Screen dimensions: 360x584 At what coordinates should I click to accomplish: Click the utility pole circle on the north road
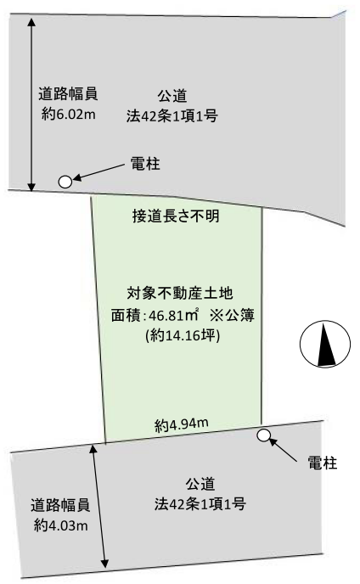pos(65,182)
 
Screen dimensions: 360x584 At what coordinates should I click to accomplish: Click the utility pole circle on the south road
pos(264,435)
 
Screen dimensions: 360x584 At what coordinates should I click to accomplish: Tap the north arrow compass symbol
pos(325,344)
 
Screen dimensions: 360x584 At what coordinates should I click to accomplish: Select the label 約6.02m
pos(69,114)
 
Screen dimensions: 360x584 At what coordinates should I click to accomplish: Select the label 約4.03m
pos(61,525)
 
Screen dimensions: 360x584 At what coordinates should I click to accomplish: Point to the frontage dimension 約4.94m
pos(182,425)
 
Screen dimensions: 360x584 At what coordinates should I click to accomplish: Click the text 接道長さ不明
pos(176,216)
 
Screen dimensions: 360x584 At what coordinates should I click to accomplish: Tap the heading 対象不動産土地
pos(180,294)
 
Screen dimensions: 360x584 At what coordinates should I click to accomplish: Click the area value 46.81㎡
pos(174,316)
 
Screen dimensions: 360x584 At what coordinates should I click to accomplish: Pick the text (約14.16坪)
pos(183,335)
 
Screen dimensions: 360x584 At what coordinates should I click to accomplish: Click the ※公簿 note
pos(232,316)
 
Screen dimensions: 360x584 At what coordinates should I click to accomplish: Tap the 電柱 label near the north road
pos(145,164)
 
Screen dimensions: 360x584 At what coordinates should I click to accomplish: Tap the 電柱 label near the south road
pos(323,463)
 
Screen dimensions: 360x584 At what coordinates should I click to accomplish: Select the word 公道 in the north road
pos(172,96)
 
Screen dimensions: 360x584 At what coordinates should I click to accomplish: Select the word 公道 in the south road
pos(200,485)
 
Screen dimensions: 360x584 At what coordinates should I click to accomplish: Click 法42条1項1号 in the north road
pos(172,116)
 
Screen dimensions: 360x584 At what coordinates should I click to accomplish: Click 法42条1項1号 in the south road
pos(200,504)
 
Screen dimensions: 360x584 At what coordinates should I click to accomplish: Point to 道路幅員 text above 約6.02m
pos(68,94)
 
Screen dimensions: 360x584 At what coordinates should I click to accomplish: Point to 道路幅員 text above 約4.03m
pos(60,505)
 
